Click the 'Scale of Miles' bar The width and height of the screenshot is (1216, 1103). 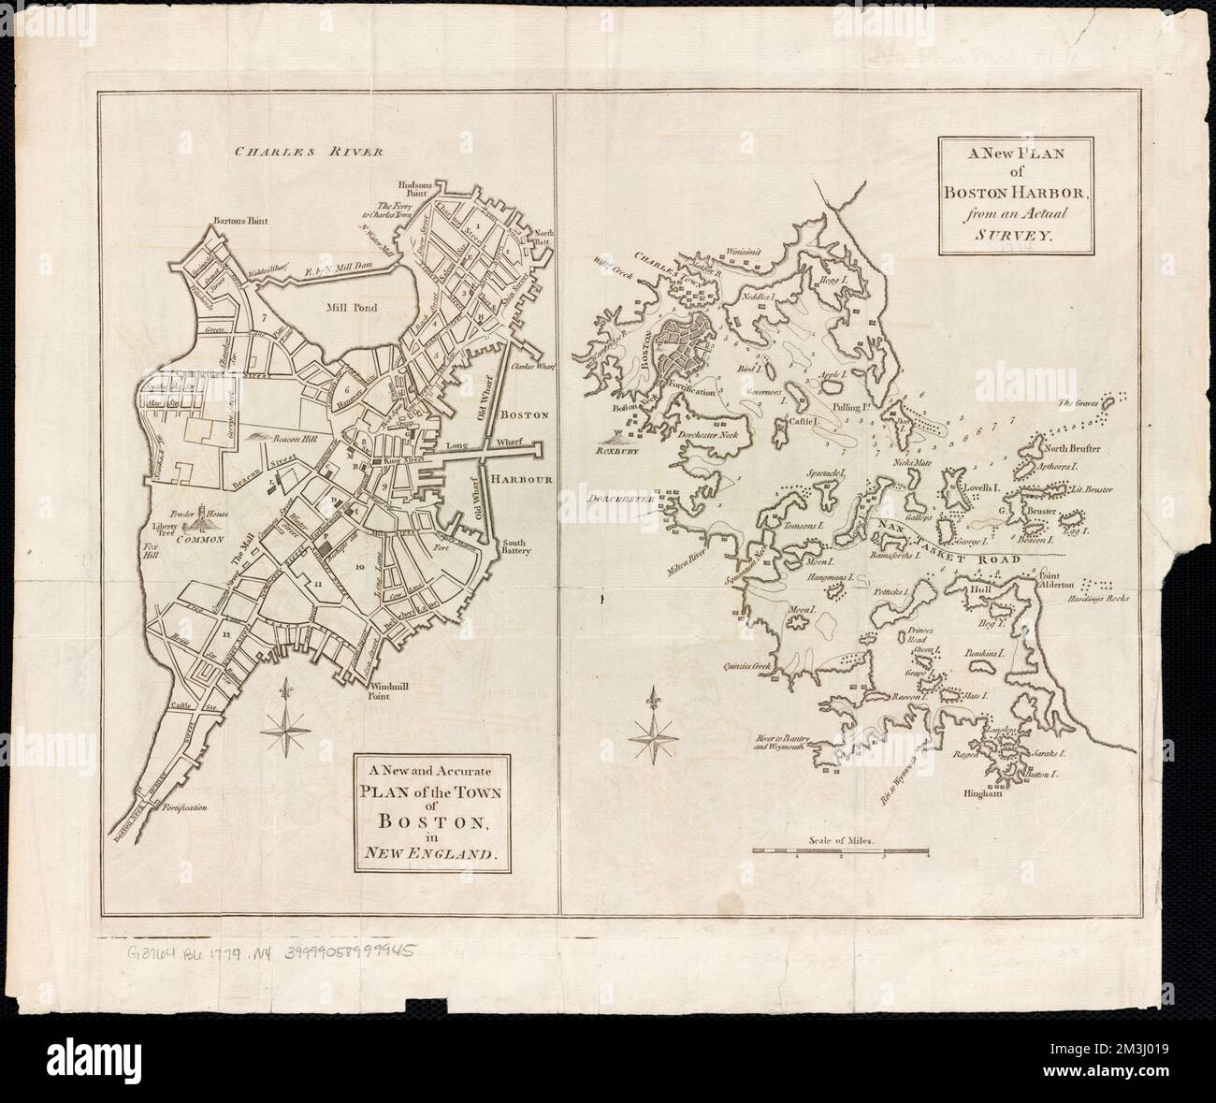(x=839, y=850)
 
